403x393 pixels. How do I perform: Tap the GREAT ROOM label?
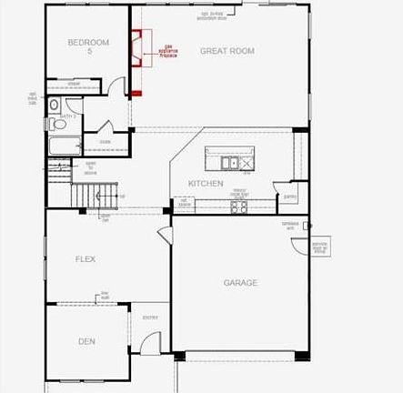pos(227,51)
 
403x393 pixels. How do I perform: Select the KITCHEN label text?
pos(206,184)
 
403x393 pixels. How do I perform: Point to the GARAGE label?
pos(240,283)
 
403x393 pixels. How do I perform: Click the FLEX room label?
pos(86,259)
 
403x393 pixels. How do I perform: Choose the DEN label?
pos(86,341)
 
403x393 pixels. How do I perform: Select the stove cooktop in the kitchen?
pos(239,207)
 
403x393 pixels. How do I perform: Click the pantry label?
pos(291,196)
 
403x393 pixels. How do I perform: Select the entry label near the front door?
pos(150,317)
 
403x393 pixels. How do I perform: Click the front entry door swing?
pos(149,344)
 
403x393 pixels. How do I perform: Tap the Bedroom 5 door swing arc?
pos(116,87)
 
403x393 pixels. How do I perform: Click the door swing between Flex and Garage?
pos(164,235)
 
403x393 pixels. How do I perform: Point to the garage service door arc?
pos(321,247)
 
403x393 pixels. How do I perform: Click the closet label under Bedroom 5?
pos(73,83)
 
